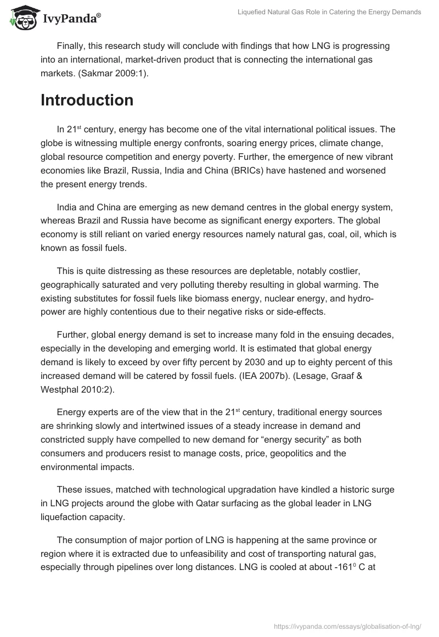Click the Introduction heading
(x=87, y=100)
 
